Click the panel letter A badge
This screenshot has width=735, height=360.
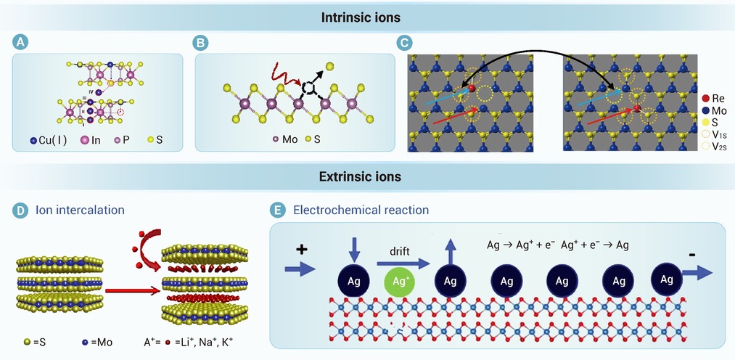pyautogui.click(x=20, y=43)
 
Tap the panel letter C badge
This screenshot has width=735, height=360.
pyautogui.click(x=405, y=43)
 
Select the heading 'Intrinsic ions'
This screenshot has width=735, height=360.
pyautogui.click(x=361, y=18)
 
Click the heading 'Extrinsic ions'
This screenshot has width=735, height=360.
pyautogui.click(x=360, y=176)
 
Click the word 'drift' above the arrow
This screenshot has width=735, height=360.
pyautogui.click(x=399, y=252)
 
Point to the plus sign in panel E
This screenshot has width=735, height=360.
pyautogui.click(x=301, y=250)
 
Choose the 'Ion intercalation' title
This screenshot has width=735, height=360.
pyautogui.click(x=80, y=210)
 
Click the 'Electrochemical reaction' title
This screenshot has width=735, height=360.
pyautogui.click(x=361, y=210)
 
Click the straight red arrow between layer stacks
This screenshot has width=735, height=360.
pyautogui.click(x=133, y=291)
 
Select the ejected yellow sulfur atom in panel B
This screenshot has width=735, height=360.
pyautogui.click(x=330, y=66)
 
